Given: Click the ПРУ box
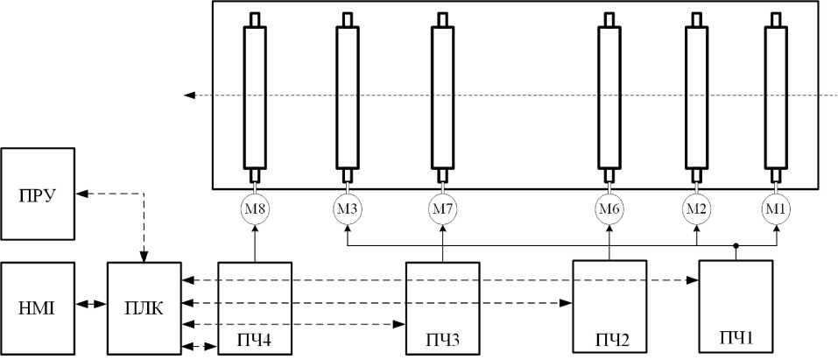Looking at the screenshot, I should tap(39, 194).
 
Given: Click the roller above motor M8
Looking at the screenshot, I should tap(255, 96).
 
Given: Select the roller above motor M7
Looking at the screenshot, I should tap(443, 96).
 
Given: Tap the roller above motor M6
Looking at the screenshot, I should tap(609, 96).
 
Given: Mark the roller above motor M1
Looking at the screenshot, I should tap(776, 96).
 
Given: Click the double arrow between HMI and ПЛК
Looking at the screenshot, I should tap(92, 306).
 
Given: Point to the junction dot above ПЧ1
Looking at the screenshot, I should tap(736, 246).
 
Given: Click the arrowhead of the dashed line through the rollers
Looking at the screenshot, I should tap(189, 95).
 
